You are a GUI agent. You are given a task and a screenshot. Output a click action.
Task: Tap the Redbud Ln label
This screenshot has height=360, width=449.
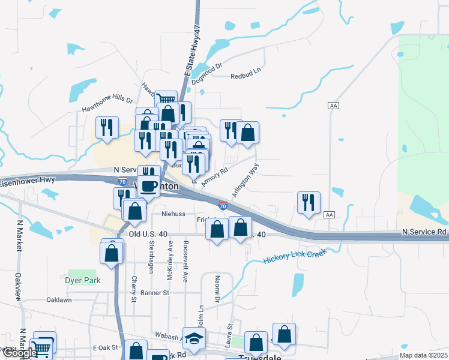[247, 76]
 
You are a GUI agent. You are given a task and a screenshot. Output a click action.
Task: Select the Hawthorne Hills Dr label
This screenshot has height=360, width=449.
[107, 106]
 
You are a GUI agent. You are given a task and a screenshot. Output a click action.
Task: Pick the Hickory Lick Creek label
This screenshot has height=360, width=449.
[294, 256]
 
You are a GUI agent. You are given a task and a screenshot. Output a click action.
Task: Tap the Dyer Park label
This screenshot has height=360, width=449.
[83, 280]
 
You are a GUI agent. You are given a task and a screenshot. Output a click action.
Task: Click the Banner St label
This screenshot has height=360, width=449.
[155, 293]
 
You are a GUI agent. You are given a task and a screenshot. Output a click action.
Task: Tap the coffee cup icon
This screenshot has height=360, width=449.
[149, 186]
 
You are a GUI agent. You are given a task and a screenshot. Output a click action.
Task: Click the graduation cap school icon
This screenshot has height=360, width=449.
[194, 340]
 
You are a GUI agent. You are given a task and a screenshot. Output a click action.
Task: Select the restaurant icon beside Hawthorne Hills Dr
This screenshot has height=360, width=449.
[107, 127]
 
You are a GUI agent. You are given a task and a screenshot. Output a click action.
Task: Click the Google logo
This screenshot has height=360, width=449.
[19, 353]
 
